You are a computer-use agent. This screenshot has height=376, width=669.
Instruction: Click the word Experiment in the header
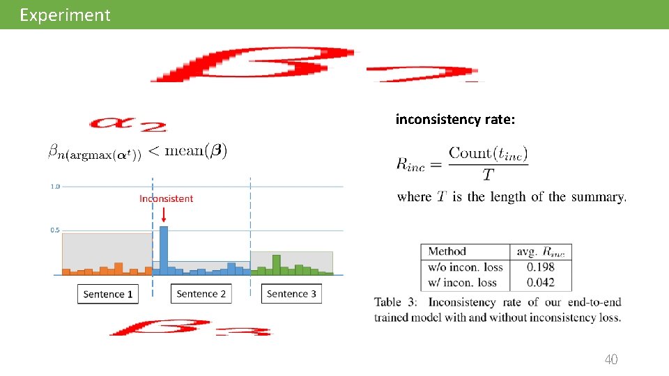pyautogui.click(x=65, y=15)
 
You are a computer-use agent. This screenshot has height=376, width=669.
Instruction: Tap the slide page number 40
pyautogui.click(x=610, y=359)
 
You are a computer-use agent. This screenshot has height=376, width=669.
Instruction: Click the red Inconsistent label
pyautogui.click(x=166, y=198)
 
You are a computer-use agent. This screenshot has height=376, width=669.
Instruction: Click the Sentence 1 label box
pyautogui.click(x=108, y=294)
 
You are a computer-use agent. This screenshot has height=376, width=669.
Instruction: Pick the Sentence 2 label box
pyautogui.click(x=201, y=294)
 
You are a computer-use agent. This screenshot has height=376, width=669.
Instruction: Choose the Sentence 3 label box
pyautogui.click(x=291, y=294)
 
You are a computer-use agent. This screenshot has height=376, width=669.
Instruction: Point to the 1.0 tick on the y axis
pyautogui.click(x=54, y=187)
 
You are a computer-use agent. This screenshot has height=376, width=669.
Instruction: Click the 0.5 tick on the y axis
pyautogui.click(x=54, y=230)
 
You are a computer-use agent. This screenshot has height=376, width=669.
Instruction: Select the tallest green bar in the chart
pyautogui.click(x=276, y=264)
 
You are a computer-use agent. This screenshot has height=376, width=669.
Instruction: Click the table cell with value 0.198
pyautogui.click(x=541, y=267)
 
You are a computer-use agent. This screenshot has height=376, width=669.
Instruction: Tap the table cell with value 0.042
pyautogui.click(x=541, y=282)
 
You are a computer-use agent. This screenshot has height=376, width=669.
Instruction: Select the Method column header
pyautogui.click(x=447, y=251)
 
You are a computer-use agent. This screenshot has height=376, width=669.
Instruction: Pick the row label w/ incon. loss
pyautogui.click(x=462, y=282)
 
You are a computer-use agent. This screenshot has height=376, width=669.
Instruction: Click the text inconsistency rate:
pyautogui.click(x=455, y=120)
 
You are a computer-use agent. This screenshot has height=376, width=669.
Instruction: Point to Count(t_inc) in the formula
pyautogui.click(x=488, y=153)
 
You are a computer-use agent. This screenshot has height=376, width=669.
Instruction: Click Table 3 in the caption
pyautogui.click(x=397, y=302)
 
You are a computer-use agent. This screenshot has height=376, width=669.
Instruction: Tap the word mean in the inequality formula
pyautogui.click(x=188, y=149)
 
